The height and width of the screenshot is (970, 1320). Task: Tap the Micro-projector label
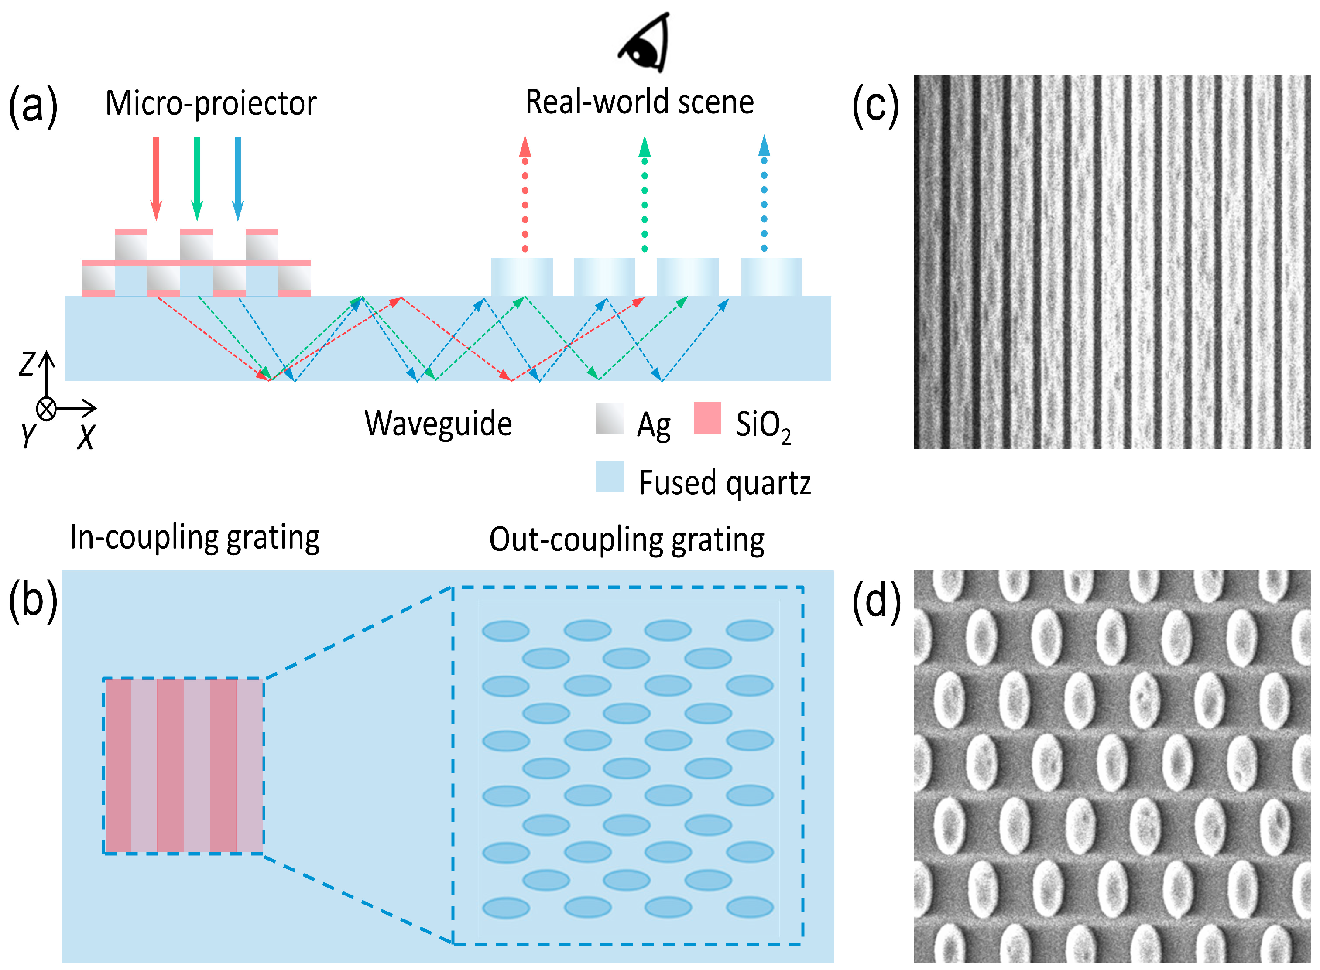click(211, 103)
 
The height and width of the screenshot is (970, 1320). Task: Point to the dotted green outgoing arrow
click(645, 194)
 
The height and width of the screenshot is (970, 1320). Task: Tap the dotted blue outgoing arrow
click(764, 194)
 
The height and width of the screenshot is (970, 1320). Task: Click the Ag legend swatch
click(609, 418)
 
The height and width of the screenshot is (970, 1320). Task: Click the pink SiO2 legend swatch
click(707, 417)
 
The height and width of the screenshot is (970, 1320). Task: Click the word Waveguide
click(438, 424)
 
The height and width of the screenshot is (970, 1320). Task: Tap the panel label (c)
click(875, 106)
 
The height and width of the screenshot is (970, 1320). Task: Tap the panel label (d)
click(876, 602)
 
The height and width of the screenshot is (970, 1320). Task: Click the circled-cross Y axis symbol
click(46, 409)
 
